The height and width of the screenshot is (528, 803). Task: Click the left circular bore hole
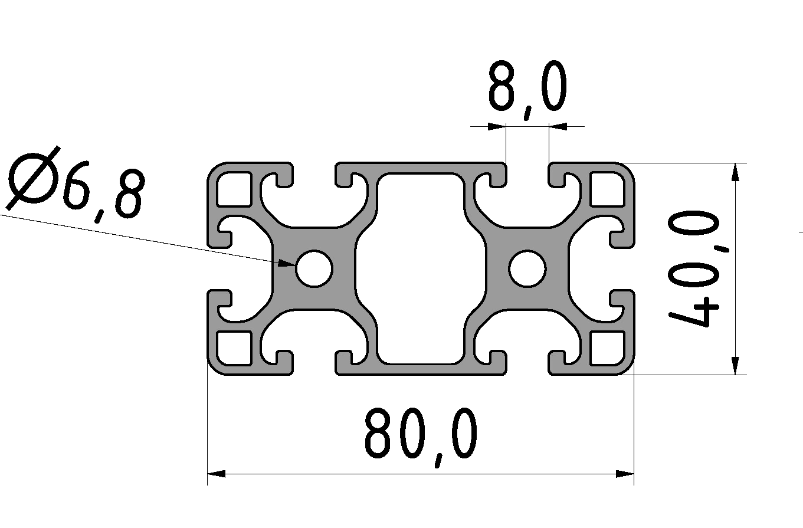pos(314,268)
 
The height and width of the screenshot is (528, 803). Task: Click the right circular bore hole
pos(527,268)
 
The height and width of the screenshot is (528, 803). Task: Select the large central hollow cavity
pos(421,268)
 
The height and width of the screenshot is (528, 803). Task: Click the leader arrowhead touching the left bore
pos(287,264)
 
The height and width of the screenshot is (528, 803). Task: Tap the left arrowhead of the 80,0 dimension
pos(216,474)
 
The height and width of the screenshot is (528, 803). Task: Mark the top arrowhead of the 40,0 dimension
pos(734,171)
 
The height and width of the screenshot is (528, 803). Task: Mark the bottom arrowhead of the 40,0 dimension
pos(734,366)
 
